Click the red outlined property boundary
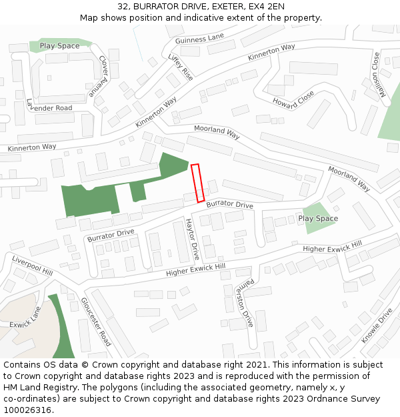point(198,183)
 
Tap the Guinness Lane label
point(200,39)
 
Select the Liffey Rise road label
point(181,67)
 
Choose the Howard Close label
point(293,98)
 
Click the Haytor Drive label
point(192,239)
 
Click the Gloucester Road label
point(95,322)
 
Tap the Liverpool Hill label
point(32,265)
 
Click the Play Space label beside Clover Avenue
point(59,46)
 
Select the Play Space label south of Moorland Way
point(318,218)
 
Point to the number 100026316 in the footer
point(26,410)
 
